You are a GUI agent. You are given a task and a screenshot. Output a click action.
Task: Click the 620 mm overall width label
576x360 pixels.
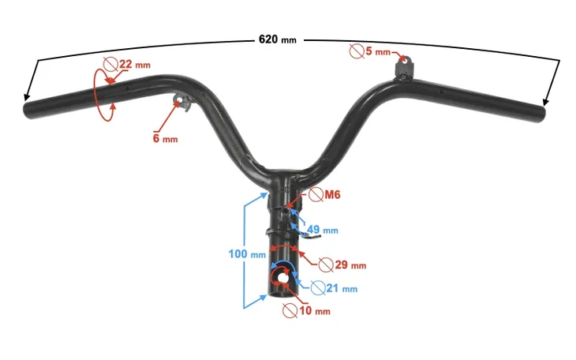tap(277, 39)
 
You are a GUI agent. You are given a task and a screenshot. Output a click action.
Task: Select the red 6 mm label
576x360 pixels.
tap(165, 139)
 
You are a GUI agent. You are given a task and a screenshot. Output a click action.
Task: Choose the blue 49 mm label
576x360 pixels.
tap(322, 230)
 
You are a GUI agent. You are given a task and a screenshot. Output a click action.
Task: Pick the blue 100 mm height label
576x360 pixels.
tap(247, 253)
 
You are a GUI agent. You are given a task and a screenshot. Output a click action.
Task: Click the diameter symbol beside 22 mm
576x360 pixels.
tap(110, 65)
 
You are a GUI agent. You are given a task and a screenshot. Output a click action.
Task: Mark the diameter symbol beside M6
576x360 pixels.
tap(316, 194)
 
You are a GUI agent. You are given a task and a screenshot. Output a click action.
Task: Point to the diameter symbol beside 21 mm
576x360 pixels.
tap(318, 288)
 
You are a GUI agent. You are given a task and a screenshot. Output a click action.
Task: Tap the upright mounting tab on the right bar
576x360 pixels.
tap(405, 69)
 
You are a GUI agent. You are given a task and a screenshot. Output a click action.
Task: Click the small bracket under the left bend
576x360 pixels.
tap(182, 103)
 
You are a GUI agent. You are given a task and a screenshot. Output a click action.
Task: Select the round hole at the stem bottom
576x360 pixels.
tap(282, 279)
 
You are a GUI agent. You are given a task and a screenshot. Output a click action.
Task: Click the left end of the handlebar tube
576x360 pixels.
tap(28, 110)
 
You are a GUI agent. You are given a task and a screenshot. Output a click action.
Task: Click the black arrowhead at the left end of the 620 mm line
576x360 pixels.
tap(27, 96)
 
